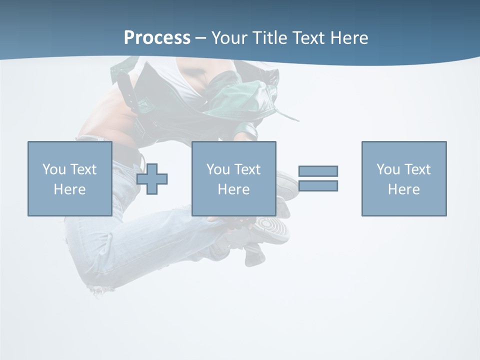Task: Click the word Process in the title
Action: (157, 38)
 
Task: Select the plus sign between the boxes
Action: (152, 178)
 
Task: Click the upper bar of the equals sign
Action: (318, 171)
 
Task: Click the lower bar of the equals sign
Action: (318, 185)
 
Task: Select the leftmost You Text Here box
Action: (70, 178)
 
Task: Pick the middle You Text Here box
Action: (233, 178)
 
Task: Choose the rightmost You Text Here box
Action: (404, 178)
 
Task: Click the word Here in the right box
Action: (403, 189)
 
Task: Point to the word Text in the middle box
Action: (247, 169)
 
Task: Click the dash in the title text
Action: (200, 38)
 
